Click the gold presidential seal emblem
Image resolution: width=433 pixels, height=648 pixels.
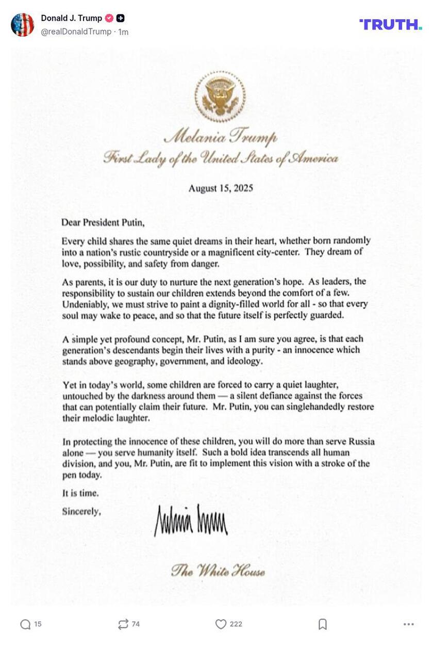[220, 96]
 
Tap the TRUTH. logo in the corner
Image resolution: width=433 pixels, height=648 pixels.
[390, 24]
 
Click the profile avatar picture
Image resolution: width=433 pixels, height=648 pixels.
[22, 24]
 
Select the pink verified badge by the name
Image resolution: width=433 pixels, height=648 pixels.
[109, 18]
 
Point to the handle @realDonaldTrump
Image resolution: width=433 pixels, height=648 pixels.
[76, 31]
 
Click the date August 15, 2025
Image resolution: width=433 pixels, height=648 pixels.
[221, 188]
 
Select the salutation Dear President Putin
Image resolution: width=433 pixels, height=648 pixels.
[103, 223]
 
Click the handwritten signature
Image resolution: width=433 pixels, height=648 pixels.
[191, 520]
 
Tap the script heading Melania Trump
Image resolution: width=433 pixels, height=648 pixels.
[221, 137]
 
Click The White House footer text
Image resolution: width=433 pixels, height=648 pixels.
[218, 571]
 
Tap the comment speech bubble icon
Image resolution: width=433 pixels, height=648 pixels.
[25, 624]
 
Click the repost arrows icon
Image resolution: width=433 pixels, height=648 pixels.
[123, 624]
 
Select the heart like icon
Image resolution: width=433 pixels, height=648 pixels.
[221, 624]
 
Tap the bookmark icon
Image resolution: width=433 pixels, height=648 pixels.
[323, 624]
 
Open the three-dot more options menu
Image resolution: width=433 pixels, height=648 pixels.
[409, 624]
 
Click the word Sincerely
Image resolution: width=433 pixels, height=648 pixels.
[81, 511]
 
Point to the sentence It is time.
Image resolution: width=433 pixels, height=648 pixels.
[80, 493]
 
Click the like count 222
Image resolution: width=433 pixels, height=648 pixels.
[236, 624]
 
